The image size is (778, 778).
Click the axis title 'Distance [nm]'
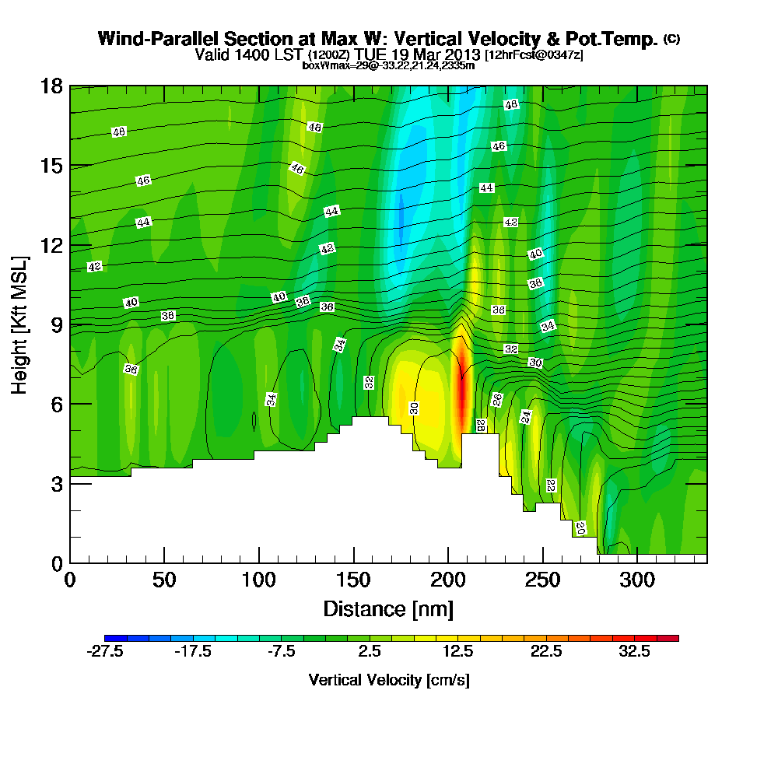(388, 608)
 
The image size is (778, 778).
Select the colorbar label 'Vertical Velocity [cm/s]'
(389, 680)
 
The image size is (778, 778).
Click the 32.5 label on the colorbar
(634, 652)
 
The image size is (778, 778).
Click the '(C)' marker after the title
(671, 39)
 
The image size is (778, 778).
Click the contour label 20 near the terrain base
(580, 527)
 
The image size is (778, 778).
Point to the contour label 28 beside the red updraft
(481, 425)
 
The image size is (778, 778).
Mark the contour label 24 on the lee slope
(526, 416)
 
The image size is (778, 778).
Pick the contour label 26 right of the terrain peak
(497, 399)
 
